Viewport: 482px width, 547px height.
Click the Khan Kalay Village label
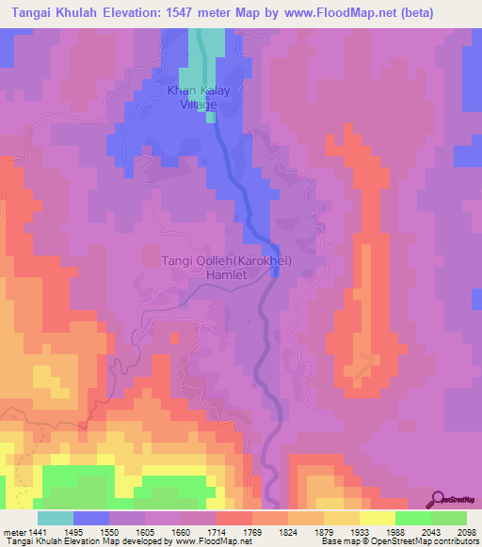[192, 98]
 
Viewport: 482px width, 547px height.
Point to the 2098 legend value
[467, 532]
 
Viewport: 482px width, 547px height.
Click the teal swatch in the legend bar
[55, 518]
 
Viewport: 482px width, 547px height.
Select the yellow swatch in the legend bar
[378, 518]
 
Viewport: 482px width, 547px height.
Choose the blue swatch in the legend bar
[91, 518]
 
